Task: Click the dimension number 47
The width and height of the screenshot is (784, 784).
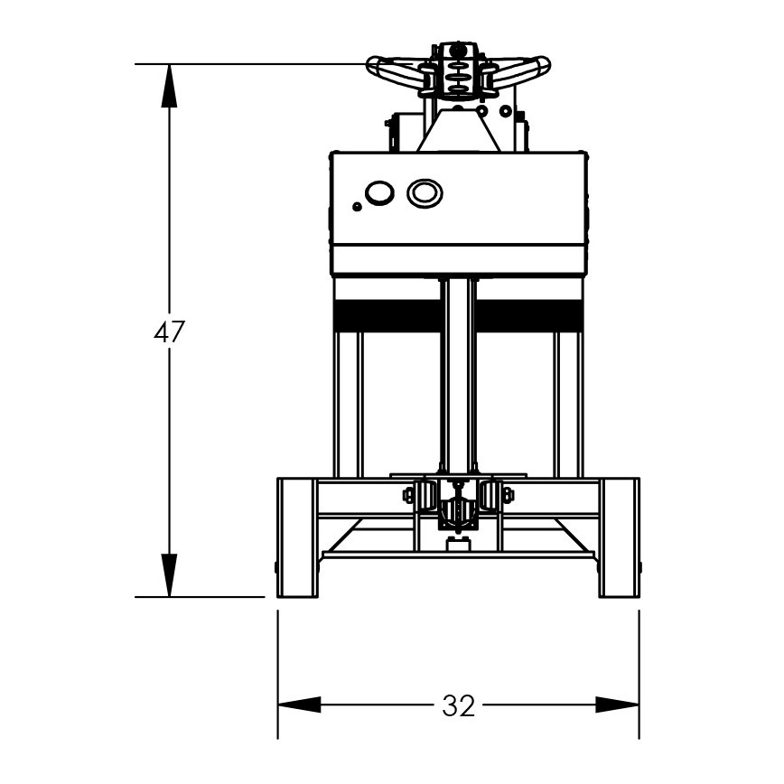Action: click(x=169, y=332)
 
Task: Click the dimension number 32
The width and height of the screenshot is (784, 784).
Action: click(x=458, y=705)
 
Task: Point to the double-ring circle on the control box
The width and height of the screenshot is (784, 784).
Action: click(x=424, y=192)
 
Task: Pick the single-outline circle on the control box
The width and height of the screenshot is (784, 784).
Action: click(x=378, y=193)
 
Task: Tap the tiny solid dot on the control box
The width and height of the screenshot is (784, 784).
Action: click(x=358, y=207)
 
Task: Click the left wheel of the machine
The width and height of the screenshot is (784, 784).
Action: click(x=296, y=537)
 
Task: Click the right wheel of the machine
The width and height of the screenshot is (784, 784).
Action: click(x=620, y=537)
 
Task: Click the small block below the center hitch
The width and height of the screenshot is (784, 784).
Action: click(x=458, y=542)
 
